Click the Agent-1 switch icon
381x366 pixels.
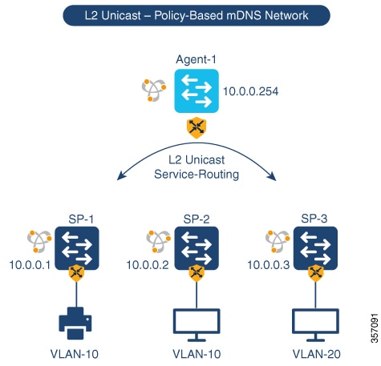click(x=195, y=92)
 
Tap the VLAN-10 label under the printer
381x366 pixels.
click(x=77, y=353)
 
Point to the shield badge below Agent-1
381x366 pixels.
click(x=195, y=127)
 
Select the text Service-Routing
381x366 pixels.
click(x=195, y=174)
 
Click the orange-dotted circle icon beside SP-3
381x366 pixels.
click(x=275, y=241)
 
